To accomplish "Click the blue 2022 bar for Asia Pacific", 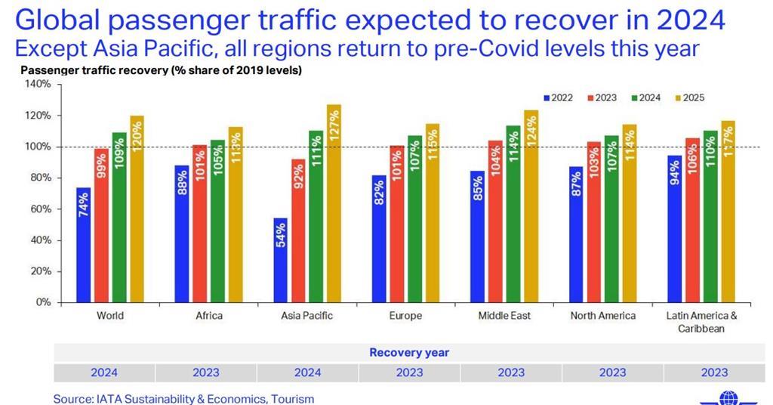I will coord(279,260).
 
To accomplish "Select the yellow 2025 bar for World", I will coord(137,209).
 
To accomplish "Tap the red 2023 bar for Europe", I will coord(395,224).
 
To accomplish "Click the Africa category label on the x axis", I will coord(209,316).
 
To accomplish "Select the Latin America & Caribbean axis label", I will coord(701,322).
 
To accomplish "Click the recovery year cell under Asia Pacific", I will coord(307,373).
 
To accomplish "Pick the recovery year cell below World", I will coord(104,373).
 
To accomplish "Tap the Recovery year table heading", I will coord(409,353).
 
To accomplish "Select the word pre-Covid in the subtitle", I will coord(513,48).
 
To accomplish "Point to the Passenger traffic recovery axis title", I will coord(161,70).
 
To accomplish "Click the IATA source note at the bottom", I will coord(183,398).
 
